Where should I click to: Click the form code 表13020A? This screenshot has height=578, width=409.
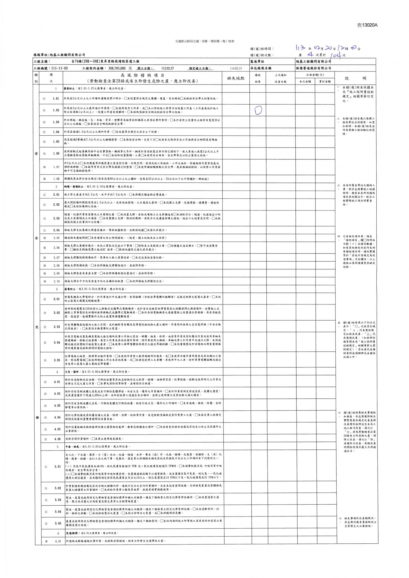click(367, 25)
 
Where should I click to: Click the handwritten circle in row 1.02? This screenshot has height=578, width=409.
click(258, 110)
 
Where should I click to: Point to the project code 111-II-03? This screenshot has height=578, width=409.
click(58, 68)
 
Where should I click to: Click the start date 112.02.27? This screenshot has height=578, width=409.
click(168, 68)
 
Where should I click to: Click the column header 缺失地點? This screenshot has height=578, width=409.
click(236, 78)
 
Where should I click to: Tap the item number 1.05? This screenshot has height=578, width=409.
click(56, 142)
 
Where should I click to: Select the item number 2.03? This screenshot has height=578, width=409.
click(56, 218)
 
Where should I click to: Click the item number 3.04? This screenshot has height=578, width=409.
click(57, 342)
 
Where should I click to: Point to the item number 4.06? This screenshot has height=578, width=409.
click(57, 439)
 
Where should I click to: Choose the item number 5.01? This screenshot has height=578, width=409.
click(57, 466)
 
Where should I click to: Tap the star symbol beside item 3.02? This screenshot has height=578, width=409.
click(44, 313)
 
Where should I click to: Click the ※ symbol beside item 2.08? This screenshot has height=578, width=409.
click(44, 266)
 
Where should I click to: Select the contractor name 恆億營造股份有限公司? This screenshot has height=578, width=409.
click(313, 68)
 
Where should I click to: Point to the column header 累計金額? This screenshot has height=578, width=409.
click(324, 81)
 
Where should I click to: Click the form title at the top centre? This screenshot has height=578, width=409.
click(204, 41)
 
